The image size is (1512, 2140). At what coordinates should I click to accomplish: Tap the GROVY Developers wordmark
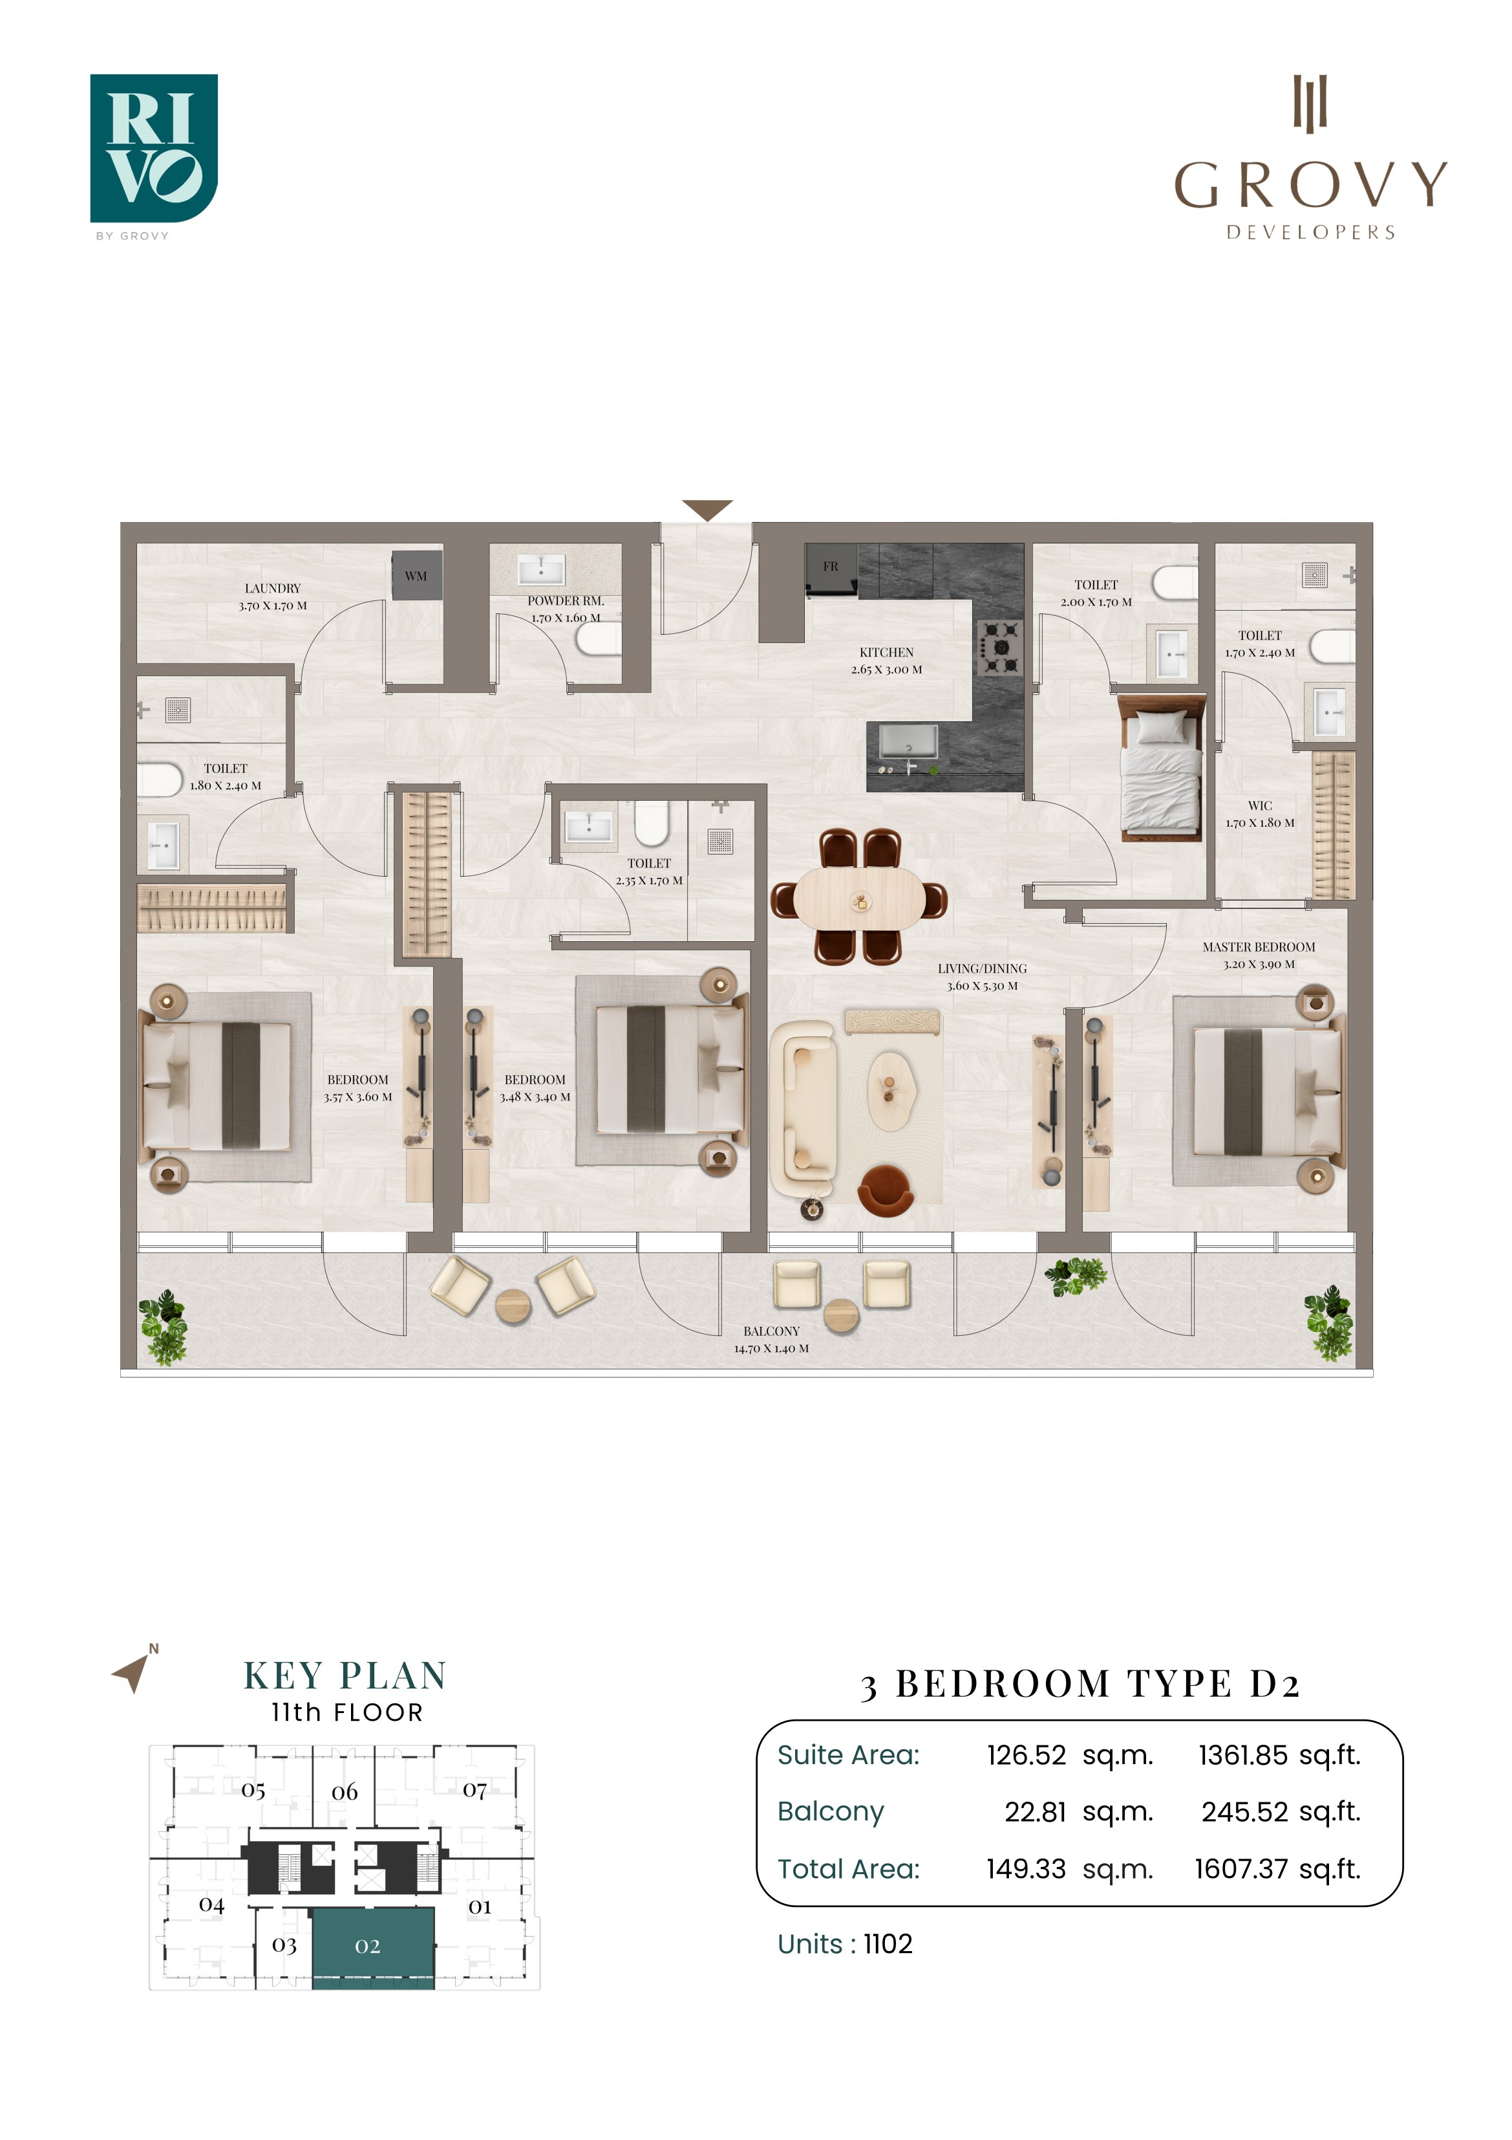[x=1310, y=158]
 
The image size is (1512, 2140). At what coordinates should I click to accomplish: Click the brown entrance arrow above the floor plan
[x=707, y=510]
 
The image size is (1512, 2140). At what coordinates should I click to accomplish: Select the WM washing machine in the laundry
[x=416, y=576]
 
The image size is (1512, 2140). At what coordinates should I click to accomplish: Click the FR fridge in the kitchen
[x=831, y=569]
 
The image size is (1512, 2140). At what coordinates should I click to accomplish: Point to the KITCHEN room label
[x=886, y=653]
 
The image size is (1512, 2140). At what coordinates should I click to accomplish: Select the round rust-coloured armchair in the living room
[x=886, y=1190]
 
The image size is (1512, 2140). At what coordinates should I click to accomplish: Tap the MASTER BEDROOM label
[x=1259, y=947]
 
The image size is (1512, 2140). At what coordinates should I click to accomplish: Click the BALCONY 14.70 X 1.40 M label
[x=771, y=1339]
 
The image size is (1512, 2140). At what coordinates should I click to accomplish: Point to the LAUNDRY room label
[x=273, y=588]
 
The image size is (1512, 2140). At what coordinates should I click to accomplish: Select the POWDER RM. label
[x=566, y=601]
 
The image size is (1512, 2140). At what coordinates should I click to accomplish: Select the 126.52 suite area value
[x=1027, y=1755]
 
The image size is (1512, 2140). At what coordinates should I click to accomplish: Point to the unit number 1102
[x=888, y=1943]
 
